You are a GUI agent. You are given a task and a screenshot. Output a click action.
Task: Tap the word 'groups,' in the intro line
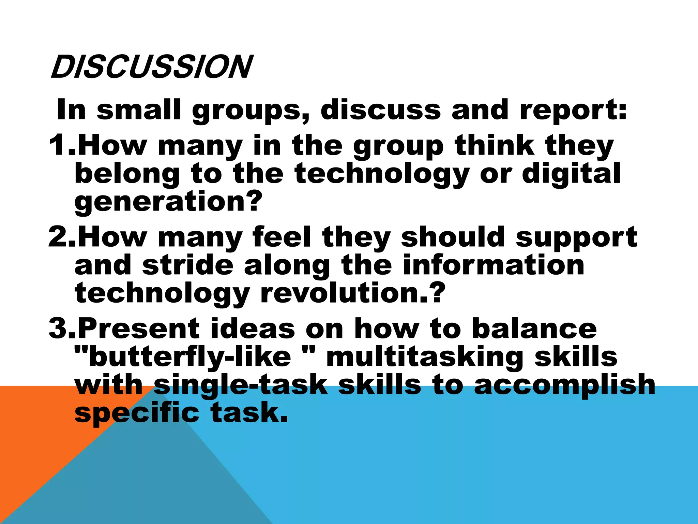point(251,110)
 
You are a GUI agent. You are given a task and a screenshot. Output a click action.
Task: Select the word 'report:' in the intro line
point(573,110)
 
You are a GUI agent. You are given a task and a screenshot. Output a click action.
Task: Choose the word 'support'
point(576,237)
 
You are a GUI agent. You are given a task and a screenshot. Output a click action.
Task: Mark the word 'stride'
point(188,265)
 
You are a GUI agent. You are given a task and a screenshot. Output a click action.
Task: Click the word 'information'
point(494,265)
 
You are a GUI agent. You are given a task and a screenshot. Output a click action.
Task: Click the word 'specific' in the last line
point(137,413)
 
